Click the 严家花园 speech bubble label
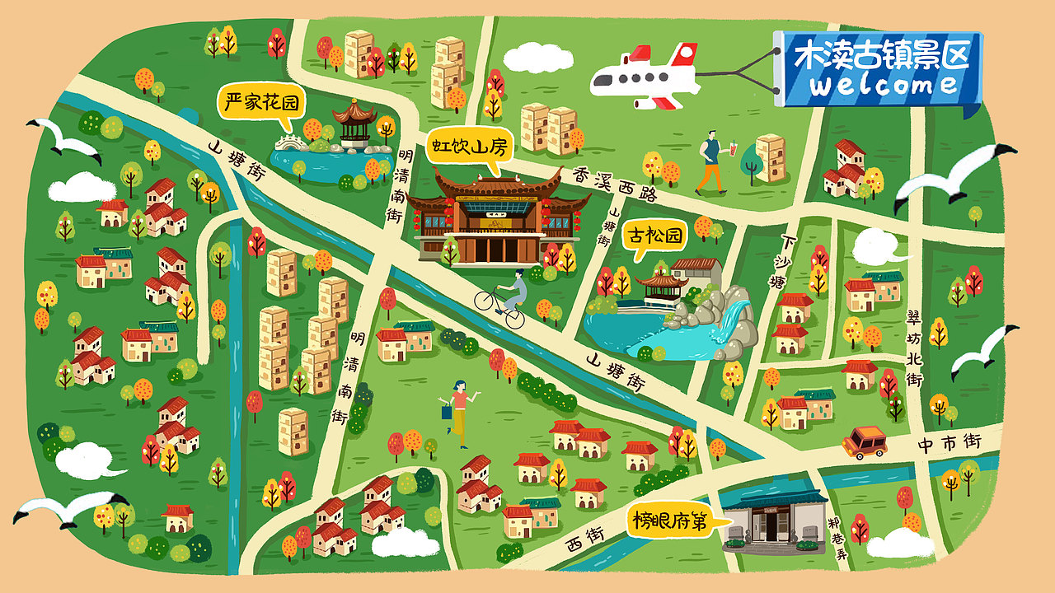[260, 103]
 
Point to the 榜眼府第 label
[669, 521]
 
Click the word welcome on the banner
[882, 85]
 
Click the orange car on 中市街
[864, 442]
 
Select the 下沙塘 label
[780, 261]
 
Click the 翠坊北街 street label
[913, 349]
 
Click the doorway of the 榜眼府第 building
[771, 527]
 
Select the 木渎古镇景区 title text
[879, 55]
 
